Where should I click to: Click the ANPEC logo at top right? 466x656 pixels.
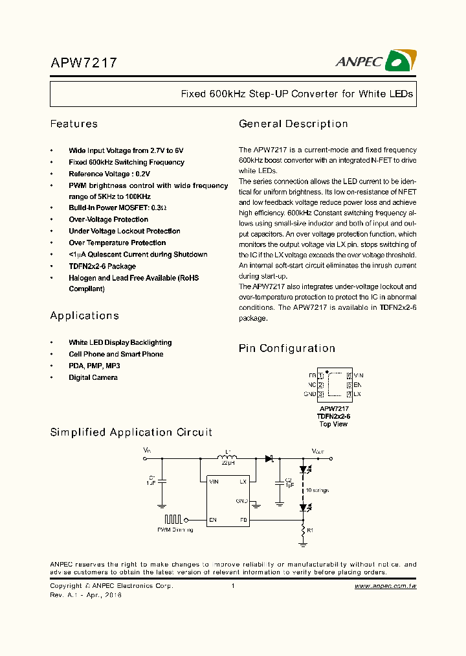tap(375, 61)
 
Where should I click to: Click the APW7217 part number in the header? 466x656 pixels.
tap(83, 63)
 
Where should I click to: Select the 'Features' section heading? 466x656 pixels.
tap(74, 124)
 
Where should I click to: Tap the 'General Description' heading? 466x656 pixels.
tap(293, 124)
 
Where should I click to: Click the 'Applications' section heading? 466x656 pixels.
tap(85, 316)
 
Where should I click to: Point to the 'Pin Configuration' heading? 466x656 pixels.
tap(287, 348)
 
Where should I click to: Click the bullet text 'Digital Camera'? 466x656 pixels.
tap(93, 377)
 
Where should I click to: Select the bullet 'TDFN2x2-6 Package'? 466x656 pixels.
tap(102, 266)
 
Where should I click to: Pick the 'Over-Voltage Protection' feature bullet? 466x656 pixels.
tap(109, 219)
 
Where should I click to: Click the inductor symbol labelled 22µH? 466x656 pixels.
tap(227, 459)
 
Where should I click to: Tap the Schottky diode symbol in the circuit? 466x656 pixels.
tap(269, 459)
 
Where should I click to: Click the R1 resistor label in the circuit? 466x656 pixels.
tap(310, 530)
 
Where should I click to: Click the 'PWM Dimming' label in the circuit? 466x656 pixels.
tap(175, 530)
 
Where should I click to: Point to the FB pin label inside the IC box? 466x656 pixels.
tap(243, 520)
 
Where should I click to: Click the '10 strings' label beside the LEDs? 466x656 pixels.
tap(317, 490)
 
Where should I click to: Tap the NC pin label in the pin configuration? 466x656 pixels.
tap(312, 384)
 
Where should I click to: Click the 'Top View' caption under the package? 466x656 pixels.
tap(333, 424)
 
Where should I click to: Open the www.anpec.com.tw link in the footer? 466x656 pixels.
tap(385, 586)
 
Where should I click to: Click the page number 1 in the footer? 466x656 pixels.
tap(232, 586)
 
